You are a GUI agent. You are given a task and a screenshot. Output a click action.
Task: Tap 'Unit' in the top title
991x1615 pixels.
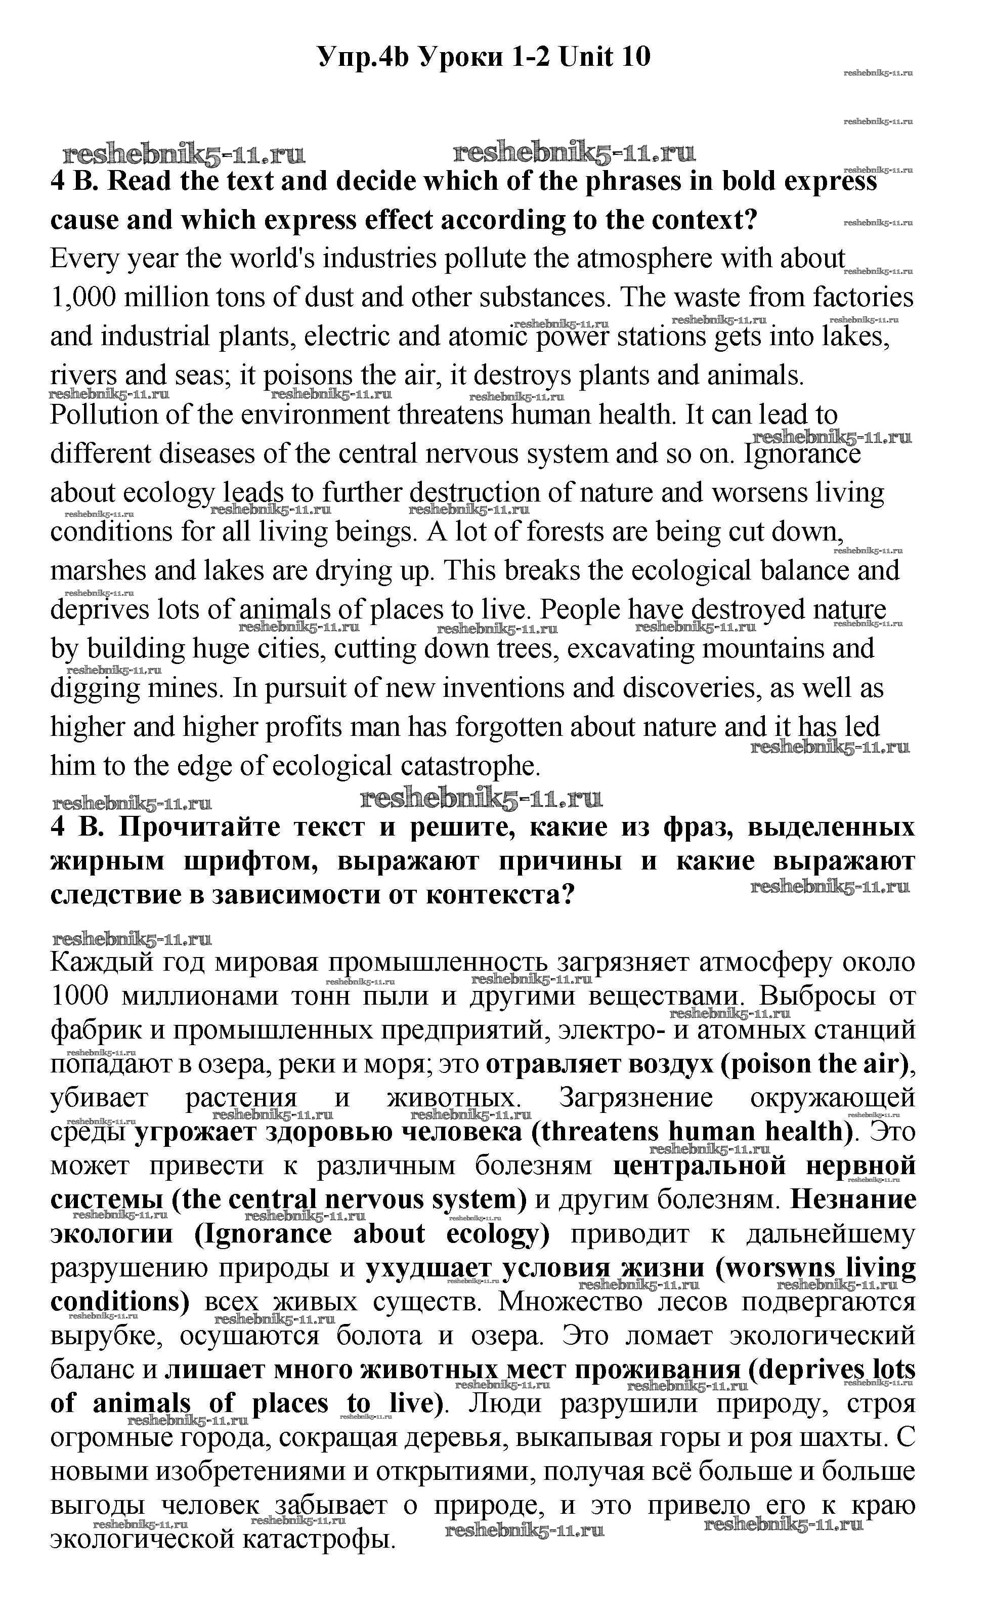pos(582,57)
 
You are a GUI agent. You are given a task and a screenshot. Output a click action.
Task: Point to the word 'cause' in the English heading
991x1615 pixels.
pos(82,220)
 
